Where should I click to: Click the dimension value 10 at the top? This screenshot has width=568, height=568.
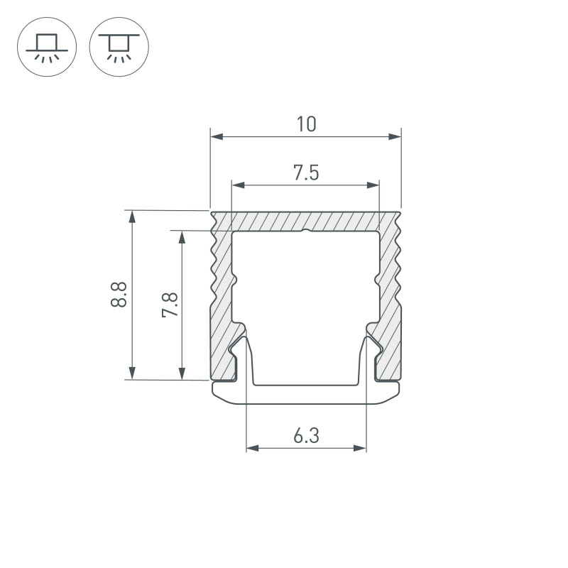coord(306,125)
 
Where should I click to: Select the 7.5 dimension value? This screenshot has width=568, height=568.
coord(306,173)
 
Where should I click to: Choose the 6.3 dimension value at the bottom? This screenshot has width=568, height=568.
coord(306,436)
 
